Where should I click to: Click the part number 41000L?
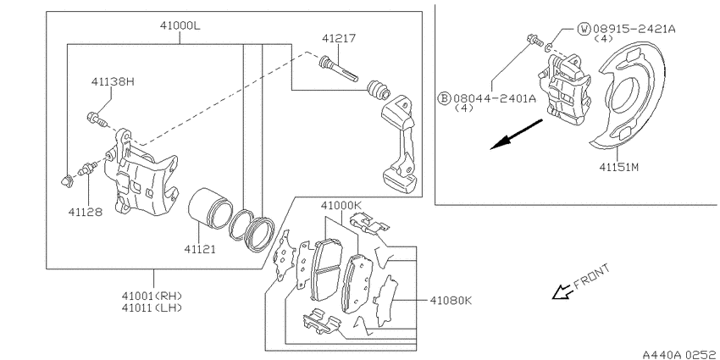pos(180,26)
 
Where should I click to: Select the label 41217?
pos(339,38)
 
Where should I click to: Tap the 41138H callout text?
pos(113,82)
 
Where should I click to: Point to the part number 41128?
pos(86,212)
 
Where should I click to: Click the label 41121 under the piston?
pos(200,249)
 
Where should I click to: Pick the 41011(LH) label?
pos(152,307)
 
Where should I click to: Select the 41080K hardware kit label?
pos(451,301)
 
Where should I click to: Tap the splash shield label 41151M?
pos(619,167)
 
